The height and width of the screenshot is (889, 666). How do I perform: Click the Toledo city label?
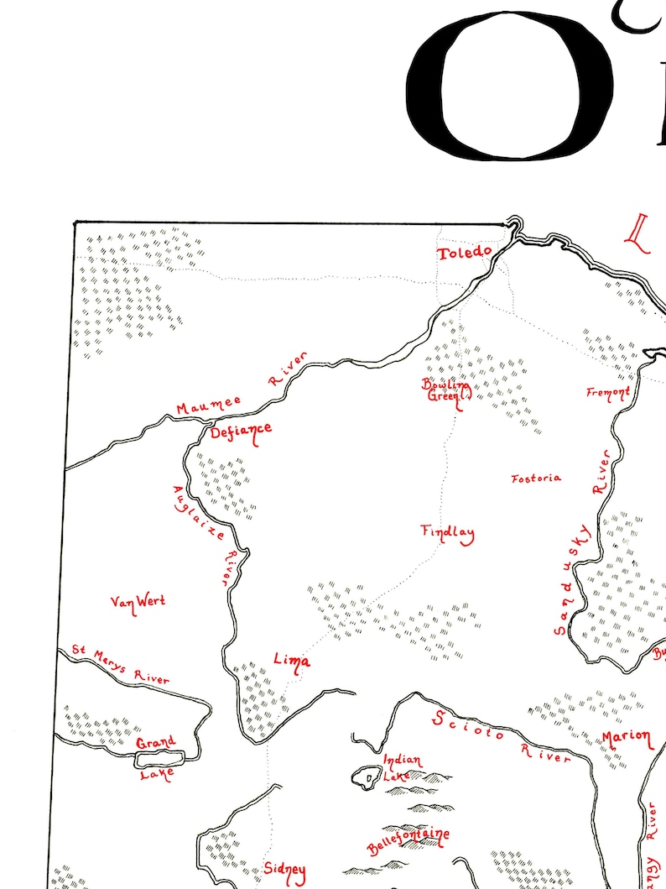(463, 253)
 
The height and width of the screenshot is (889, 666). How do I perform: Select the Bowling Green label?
(445, 390)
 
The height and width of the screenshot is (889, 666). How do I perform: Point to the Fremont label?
(608, 392)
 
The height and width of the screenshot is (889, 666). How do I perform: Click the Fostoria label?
(536, 478)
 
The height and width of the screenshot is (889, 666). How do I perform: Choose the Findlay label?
(447, 532)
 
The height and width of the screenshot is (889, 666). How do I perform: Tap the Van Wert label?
(138, 601)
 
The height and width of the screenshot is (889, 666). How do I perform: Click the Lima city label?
(291, 662)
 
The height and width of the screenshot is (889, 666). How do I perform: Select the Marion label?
(626, 738)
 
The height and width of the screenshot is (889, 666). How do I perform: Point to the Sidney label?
(284, 870)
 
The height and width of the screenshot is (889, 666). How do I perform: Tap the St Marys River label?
(120, 664)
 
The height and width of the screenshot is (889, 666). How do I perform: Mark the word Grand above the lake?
(156, 742)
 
